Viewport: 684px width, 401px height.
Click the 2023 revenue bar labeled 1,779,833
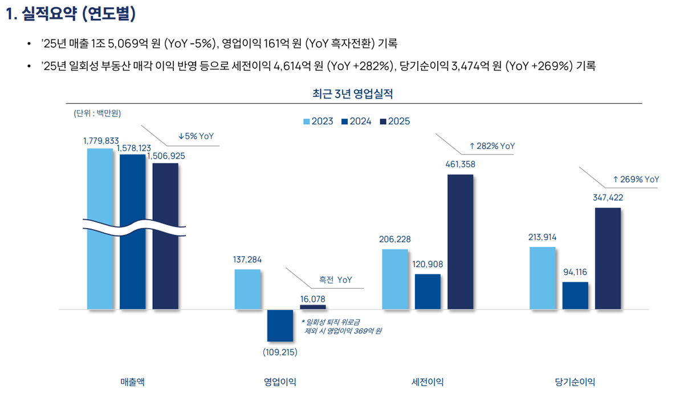point(100,228)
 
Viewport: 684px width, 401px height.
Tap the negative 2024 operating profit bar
point(280,326)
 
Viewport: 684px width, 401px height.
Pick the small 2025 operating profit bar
point(313,307)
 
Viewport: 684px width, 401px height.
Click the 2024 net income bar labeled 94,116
point(575,295)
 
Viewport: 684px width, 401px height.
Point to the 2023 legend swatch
point(306,121)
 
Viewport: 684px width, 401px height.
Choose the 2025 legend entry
point(394,121)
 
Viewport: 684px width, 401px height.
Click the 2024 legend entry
point(356,121)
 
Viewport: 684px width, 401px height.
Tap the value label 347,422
point(608,198)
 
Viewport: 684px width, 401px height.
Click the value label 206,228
point(395,239)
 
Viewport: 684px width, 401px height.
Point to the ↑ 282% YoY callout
point(491,146)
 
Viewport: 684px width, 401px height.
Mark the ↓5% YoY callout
point(196,136)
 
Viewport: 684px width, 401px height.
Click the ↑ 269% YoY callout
point(636,179)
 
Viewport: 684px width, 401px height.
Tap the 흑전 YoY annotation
point(335,280)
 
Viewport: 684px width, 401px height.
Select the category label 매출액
point(132,382)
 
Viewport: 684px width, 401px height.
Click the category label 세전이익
point(427,382)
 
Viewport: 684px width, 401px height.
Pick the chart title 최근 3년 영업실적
point(353,94)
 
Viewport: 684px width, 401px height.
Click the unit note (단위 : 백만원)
point(97,113)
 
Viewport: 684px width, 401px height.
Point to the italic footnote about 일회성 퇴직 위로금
point(342,326)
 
